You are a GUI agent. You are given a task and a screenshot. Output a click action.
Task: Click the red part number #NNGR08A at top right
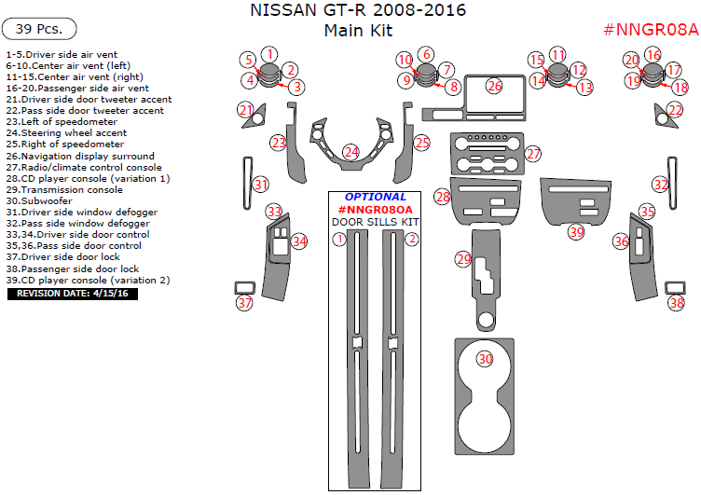tap(651, 29)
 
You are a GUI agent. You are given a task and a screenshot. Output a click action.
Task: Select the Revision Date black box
tap(73, 294)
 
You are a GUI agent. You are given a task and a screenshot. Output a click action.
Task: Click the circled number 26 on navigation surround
tap(494, 86)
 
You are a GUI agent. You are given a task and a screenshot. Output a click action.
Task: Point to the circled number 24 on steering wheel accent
tap(350, 151)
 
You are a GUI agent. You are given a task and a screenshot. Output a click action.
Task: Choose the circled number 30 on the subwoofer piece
tap(485, 359)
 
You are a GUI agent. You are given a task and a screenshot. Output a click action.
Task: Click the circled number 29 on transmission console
tap(463, 259)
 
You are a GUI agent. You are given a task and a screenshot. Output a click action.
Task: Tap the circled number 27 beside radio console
tap(532, 153)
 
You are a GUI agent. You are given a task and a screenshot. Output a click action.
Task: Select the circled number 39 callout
tap(576, 231)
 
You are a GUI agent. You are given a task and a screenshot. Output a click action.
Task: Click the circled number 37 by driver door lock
tap(244, 303)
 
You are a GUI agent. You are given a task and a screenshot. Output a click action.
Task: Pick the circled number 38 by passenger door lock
tap(677, 303)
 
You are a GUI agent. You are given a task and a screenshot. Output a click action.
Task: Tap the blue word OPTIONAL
tap(376, 197)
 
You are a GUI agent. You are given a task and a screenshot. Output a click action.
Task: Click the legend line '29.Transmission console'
tap(64, 189)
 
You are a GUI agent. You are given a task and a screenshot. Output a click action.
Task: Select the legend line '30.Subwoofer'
tap(39, 200)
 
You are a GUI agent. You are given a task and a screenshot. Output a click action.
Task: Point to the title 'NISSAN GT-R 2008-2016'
tap(359, 11)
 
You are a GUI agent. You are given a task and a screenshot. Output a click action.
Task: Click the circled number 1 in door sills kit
tap(340, 239)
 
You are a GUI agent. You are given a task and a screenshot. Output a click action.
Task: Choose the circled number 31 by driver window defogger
tap(262, 185)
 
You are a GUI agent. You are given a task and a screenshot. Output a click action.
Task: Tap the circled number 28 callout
tap(443, 197)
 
